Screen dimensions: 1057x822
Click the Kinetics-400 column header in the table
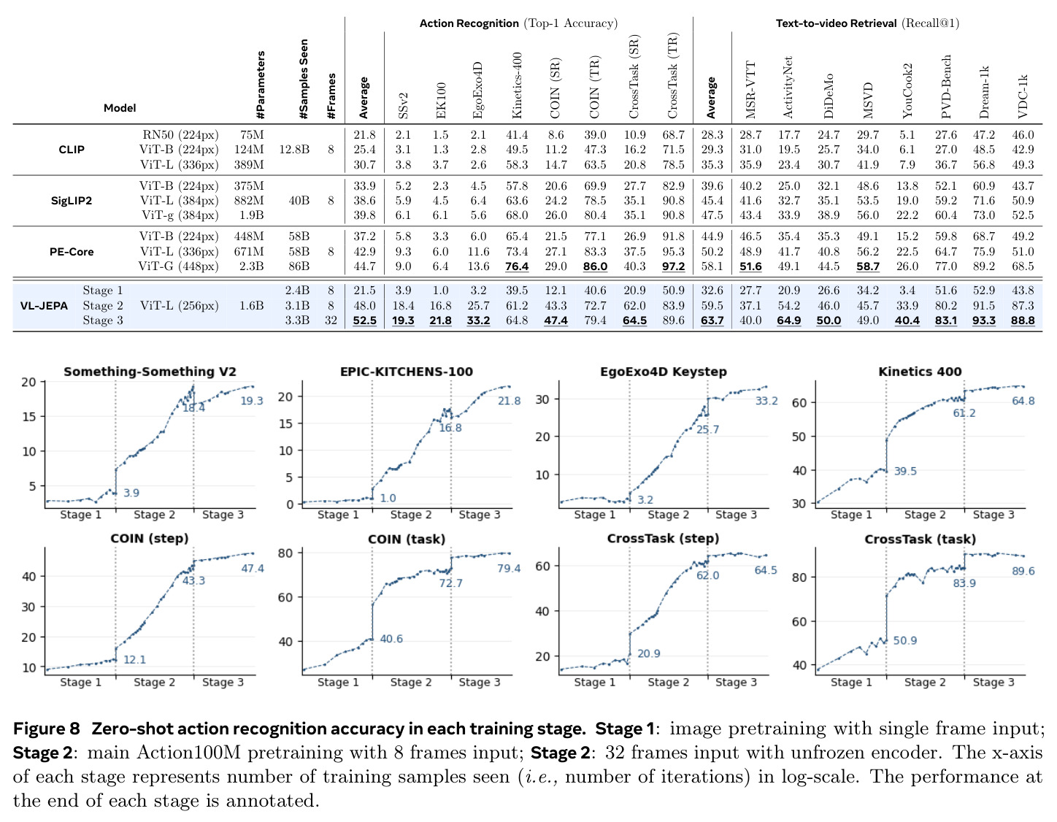pos(517,85)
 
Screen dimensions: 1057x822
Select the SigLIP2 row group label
pos(72,201)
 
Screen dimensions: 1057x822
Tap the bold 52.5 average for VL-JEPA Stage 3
pos(364,320)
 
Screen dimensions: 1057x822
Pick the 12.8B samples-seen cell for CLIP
pos(294,150)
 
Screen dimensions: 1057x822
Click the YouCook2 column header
pos(907,91)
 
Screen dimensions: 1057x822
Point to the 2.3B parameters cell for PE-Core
pos(251,266)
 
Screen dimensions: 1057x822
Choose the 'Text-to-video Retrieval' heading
pos(836,23)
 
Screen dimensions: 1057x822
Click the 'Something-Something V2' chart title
pos(150,372)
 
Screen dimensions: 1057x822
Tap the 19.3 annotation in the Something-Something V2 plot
pos(252,401)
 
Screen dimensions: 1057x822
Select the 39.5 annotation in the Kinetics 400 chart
pos(905,471)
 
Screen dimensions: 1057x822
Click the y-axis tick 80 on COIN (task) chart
pos(285,553)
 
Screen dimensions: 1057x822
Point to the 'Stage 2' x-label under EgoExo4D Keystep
pos(669,515)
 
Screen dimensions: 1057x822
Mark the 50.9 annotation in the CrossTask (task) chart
pos(905,640)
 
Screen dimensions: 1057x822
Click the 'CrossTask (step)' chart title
pos(663,539)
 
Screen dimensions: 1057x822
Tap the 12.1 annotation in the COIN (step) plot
pos(134,659)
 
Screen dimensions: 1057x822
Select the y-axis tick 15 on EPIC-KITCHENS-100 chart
pos(285,423)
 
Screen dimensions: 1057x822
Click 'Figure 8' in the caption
pos(46,729)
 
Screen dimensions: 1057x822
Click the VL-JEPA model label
pos(44,306)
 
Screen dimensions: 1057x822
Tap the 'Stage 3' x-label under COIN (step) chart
pos(223,682)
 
